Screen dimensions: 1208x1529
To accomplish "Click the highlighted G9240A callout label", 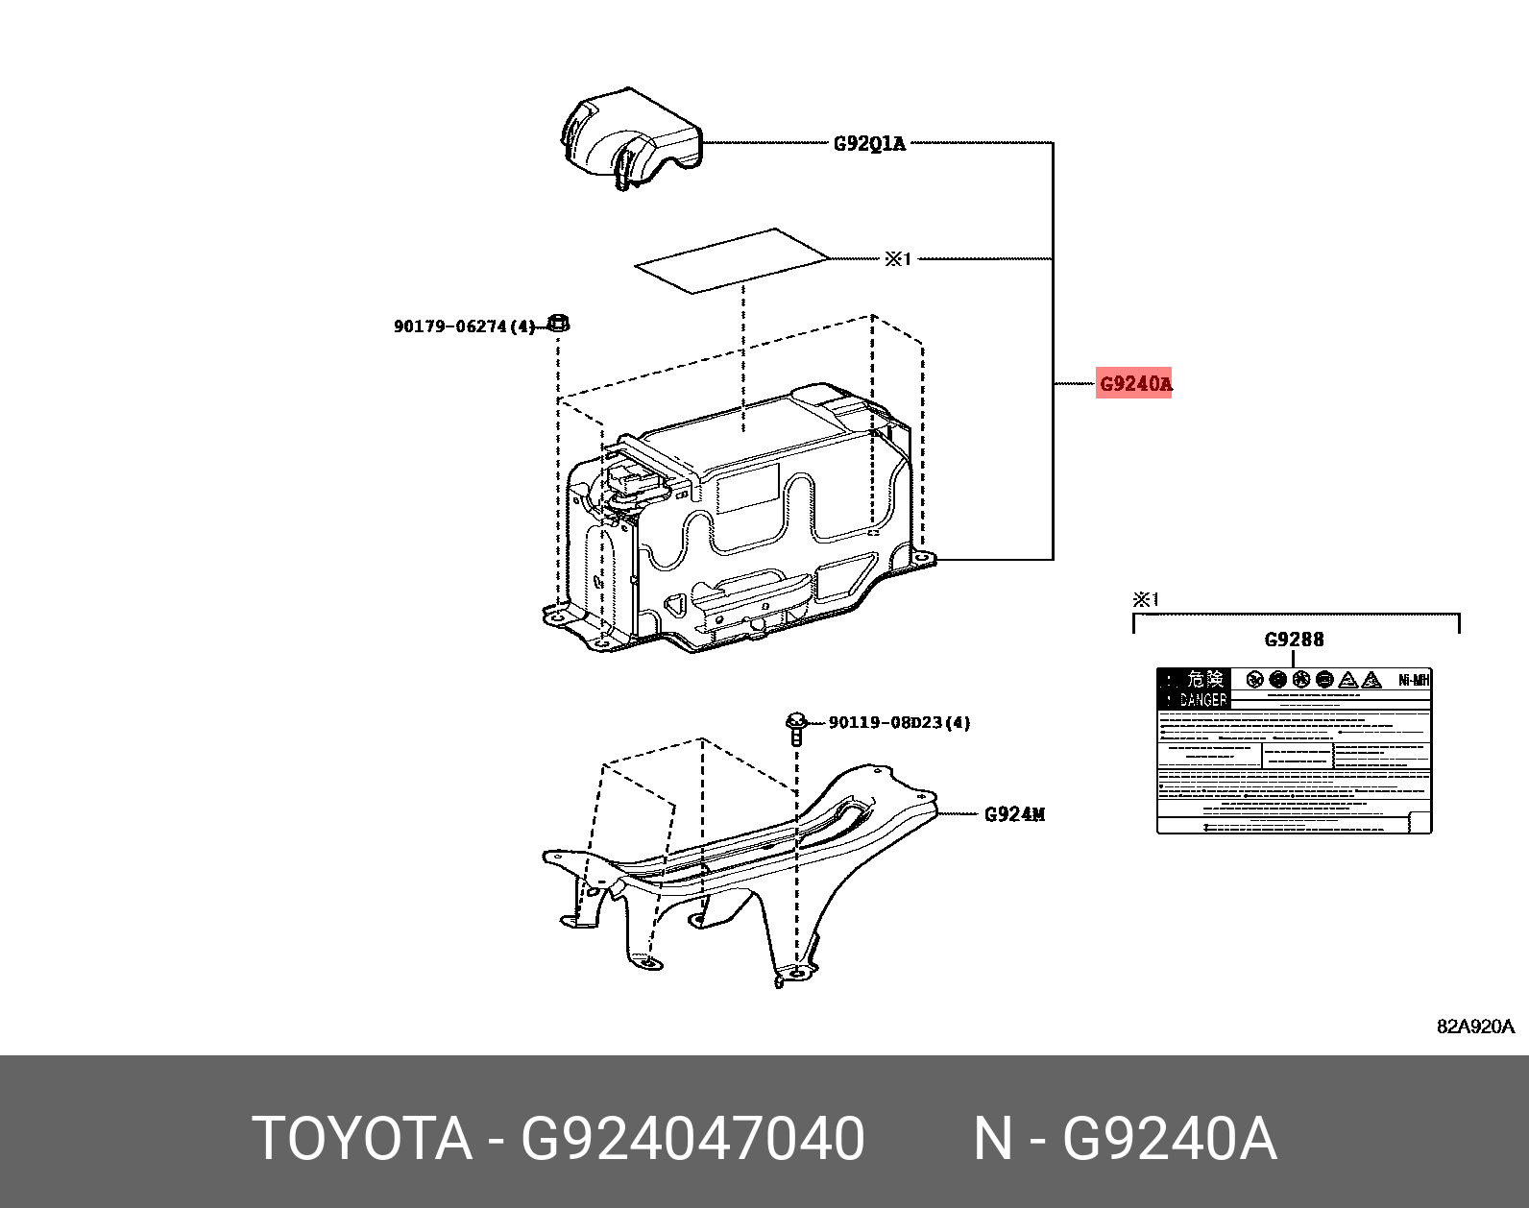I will click(x=1134, y=384).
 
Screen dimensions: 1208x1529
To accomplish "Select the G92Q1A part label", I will click(x=868, y=144).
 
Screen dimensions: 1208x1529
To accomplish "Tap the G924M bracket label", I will click(x=1014, y=814).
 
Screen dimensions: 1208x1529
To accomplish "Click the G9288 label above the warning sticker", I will click(x=1293, y=640).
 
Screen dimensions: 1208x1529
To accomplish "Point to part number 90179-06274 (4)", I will click(x=464, y=326).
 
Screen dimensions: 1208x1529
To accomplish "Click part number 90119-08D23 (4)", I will click(x=899, y=722).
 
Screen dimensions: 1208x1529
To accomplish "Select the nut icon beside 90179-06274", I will click(x=558, y=323).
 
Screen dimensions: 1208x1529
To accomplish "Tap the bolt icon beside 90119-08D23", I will click(x=795, y=729).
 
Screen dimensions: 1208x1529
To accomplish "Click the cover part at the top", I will click(x=629, y=139).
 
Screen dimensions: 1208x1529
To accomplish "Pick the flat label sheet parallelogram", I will click(x=730, y=259).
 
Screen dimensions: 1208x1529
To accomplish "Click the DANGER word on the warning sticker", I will click(x=1202, y=700).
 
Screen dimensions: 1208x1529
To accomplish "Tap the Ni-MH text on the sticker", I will click(x=1414, y=680).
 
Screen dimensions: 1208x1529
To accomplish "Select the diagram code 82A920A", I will click(x=1474, y=1026).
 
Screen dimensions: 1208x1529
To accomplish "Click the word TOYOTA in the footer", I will click(x=362, y=1139).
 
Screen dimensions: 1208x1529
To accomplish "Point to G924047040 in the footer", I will click(x=692, y=1139).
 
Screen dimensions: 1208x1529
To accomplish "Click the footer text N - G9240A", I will click(x=1125, y=1139).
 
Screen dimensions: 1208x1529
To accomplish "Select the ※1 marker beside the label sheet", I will click(x=897, y=258).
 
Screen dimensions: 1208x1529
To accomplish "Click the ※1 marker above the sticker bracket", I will click(x=1146, y=599).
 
